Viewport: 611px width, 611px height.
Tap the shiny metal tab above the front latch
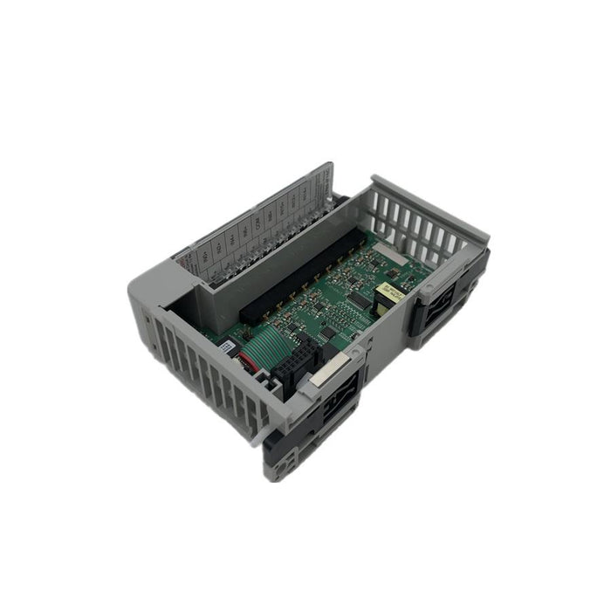pyautogui.click(x=320, y=374)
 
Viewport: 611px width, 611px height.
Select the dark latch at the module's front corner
pyautogui.click(x=336, y=406)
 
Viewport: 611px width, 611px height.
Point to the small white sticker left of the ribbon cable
pyautogui.click(x=227, y=347)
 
